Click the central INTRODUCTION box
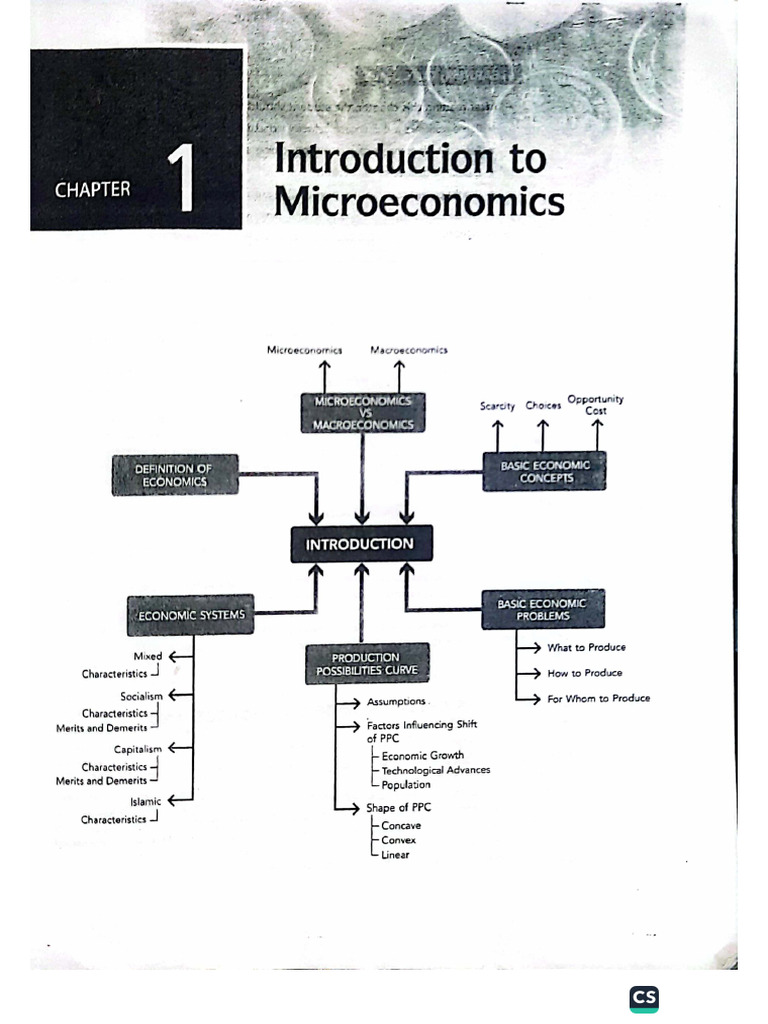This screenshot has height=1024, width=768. [361, 544]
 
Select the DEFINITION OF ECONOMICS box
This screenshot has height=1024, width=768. [175, 475]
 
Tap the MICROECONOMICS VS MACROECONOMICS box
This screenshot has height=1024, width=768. [362, 412]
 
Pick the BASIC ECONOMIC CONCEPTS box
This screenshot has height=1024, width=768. [545, 471]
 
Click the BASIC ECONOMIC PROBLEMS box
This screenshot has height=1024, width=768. [543, 609]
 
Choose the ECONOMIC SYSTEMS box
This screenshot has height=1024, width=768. [189, 615]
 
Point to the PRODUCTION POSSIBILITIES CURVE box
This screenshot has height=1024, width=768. [366, 664]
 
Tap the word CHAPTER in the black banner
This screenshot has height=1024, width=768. [92, 189]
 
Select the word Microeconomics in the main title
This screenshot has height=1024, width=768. [419, 202]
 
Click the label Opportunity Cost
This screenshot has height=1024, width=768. [596, 404]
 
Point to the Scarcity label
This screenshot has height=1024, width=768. [497, 406]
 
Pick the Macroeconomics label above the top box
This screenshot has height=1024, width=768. [408, 350]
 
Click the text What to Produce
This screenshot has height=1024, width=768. [586, 648]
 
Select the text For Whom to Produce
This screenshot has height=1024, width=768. [598, 698]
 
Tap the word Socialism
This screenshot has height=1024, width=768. [141, 696]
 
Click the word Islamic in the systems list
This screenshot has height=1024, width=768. [145, 801]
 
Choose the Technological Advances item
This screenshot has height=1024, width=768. [436, 770]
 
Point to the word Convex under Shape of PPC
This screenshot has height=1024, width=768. [399, 840]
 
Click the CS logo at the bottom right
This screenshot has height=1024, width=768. [644, 998]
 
